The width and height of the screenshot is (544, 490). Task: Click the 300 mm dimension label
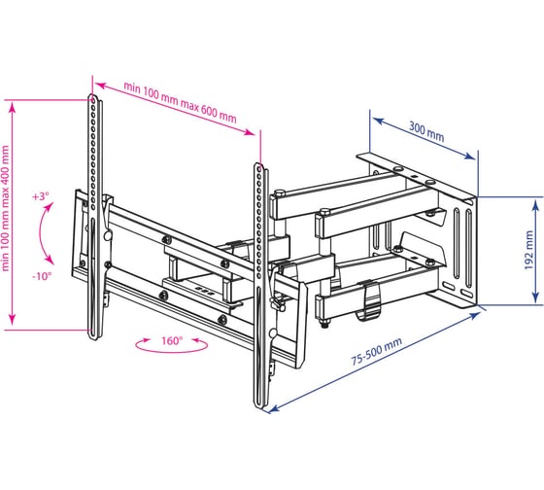point(426,132)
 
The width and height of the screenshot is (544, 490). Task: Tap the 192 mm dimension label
point(528,250)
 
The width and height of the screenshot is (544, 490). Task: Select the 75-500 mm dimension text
point(377,351)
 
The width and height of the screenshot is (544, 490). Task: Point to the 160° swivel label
point(172,340)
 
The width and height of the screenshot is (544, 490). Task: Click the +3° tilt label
point(41,196)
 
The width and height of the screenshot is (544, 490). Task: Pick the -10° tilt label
point(42,276)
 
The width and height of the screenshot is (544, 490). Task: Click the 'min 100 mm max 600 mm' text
point(180,102)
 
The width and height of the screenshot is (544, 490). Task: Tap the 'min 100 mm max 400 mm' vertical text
point(5,208)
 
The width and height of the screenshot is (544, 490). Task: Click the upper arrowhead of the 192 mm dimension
point(536,205)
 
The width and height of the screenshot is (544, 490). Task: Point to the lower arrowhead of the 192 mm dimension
point(536,297)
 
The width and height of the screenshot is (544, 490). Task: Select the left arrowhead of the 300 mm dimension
point(378,121)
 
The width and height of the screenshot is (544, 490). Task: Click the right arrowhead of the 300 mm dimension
point(470,156)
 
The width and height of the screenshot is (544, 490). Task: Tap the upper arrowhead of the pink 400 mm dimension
point(13,108)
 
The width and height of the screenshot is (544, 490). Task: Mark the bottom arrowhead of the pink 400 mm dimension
point(13,320)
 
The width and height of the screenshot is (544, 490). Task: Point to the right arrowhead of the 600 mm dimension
point(251,132)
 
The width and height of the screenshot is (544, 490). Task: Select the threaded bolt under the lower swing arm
point(324,324)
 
